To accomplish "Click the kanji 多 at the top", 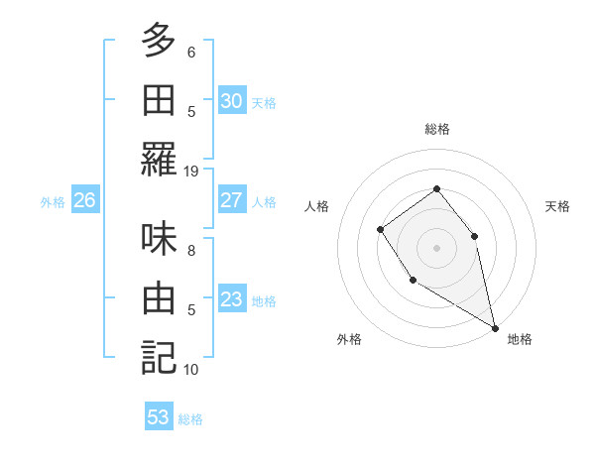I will coord(159,42).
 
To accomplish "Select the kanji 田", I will coord(159,99).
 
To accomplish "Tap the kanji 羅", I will coord(159,159).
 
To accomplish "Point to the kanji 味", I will coord(159,238).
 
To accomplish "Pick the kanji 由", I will coord(159,297).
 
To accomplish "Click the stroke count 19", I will coord(191,171).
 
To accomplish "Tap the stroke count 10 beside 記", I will coord(191,369).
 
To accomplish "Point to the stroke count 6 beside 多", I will coord(191,52).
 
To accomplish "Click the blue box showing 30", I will coord(232,101).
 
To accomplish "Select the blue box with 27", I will coord(232,200).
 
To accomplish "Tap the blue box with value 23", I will coord(232,299).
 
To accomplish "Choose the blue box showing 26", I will coord(84,200).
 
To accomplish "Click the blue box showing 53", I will coord(159,417).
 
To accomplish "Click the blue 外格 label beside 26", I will coord(53,202).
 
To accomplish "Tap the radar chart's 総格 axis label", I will coord(437,129).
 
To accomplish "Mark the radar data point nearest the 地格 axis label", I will coord(496,327).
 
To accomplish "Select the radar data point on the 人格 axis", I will coord(381,230).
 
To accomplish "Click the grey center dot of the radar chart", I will coord(436,248).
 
